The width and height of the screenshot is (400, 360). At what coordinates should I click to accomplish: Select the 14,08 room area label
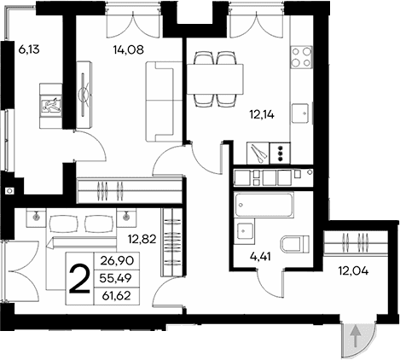point(127,49)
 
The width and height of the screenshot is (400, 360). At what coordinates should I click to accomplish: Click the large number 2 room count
point(81,279)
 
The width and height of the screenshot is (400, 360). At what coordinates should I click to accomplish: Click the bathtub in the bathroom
point(264,206)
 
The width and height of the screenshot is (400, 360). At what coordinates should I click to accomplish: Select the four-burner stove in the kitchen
point(301,56)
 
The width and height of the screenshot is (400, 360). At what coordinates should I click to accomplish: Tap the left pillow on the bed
point(62,224)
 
